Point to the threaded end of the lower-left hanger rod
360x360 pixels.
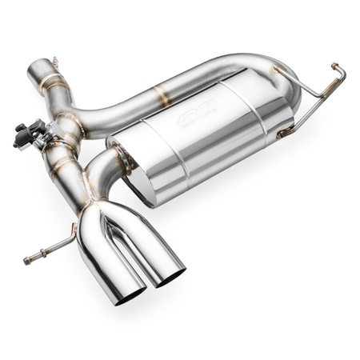tap(29, 258)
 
